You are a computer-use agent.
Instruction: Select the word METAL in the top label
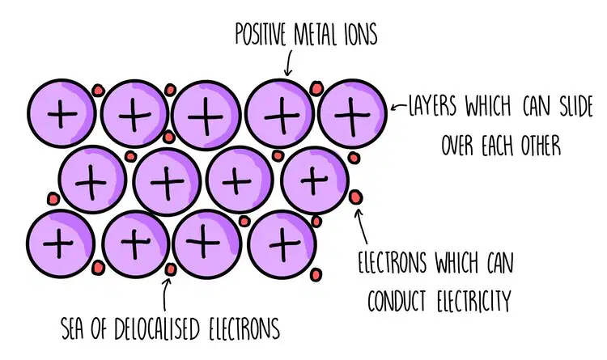(316, 34)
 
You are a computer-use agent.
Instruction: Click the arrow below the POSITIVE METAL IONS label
(287, 64)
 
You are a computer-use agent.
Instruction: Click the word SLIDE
(576, 106)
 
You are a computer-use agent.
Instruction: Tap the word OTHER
(541, 146)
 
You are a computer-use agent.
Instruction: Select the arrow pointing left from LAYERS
(399, 107)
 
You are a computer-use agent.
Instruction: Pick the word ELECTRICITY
(474, 301)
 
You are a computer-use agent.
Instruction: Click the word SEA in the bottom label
(72, 329)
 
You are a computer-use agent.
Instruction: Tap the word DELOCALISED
(157, 329)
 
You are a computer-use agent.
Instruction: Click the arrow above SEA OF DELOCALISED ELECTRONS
(166, 294)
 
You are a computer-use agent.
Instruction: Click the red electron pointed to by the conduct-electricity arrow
(355, 197)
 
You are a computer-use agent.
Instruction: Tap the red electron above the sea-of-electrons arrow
(170, 269)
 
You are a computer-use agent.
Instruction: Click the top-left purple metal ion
(62, 114)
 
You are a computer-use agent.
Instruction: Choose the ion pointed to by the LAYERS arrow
(352, 114)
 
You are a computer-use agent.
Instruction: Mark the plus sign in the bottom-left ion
(58, 243)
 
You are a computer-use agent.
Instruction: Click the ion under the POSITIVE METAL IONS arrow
(280, 114)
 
